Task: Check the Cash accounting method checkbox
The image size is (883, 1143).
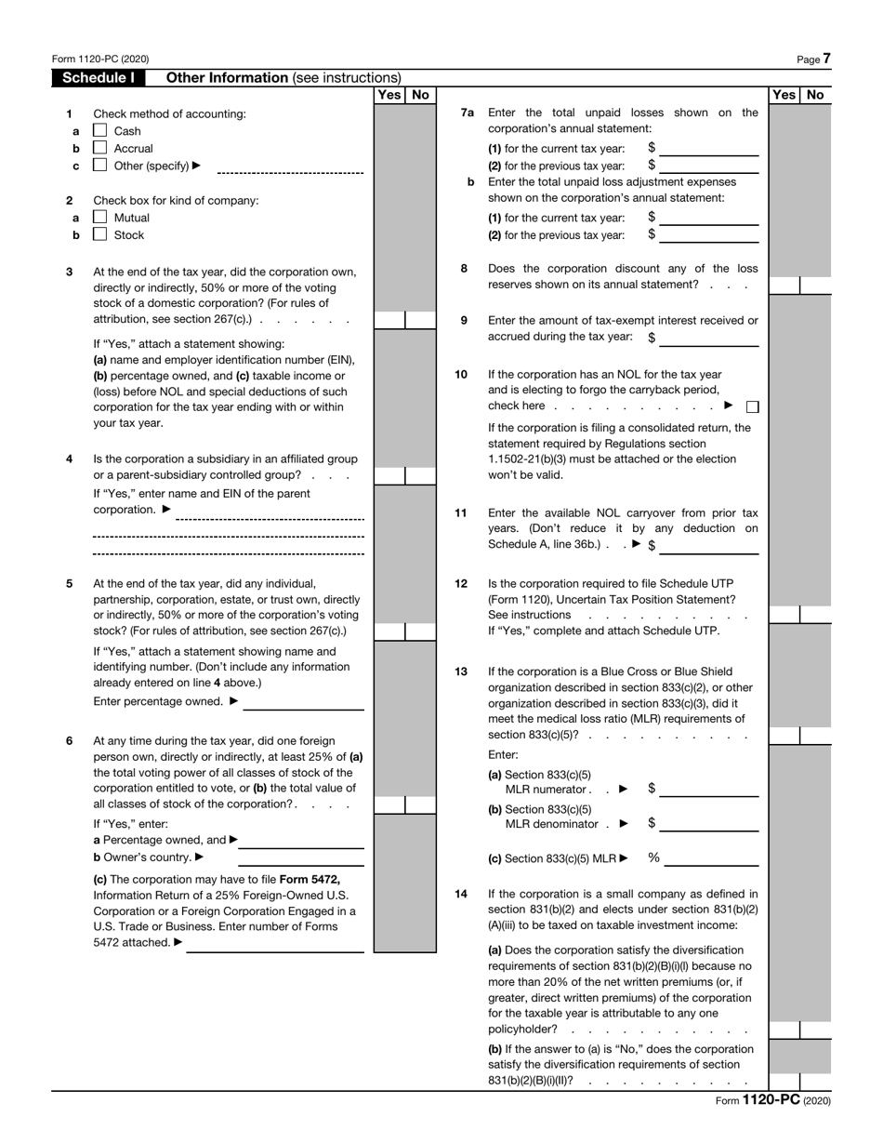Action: tap(100, 131)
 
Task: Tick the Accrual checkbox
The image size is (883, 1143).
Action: tap(100, 149)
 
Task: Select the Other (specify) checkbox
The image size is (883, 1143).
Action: tap(100, 166)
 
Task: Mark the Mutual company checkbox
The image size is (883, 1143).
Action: tap(100, 218)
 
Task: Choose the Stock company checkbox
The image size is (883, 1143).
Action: tap(100, 235)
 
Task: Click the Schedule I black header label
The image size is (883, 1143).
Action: tap(98, 78)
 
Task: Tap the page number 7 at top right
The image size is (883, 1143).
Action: tap(826, 59)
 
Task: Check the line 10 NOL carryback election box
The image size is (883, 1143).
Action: tap(752, 406)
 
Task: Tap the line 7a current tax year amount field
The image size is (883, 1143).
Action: tap(709, 148)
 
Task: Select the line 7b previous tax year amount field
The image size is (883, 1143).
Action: tap(709, 235)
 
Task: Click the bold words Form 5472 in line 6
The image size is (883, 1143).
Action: tap(310, 880)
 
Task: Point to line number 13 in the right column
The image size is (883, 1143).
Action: tap(461, 671)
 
